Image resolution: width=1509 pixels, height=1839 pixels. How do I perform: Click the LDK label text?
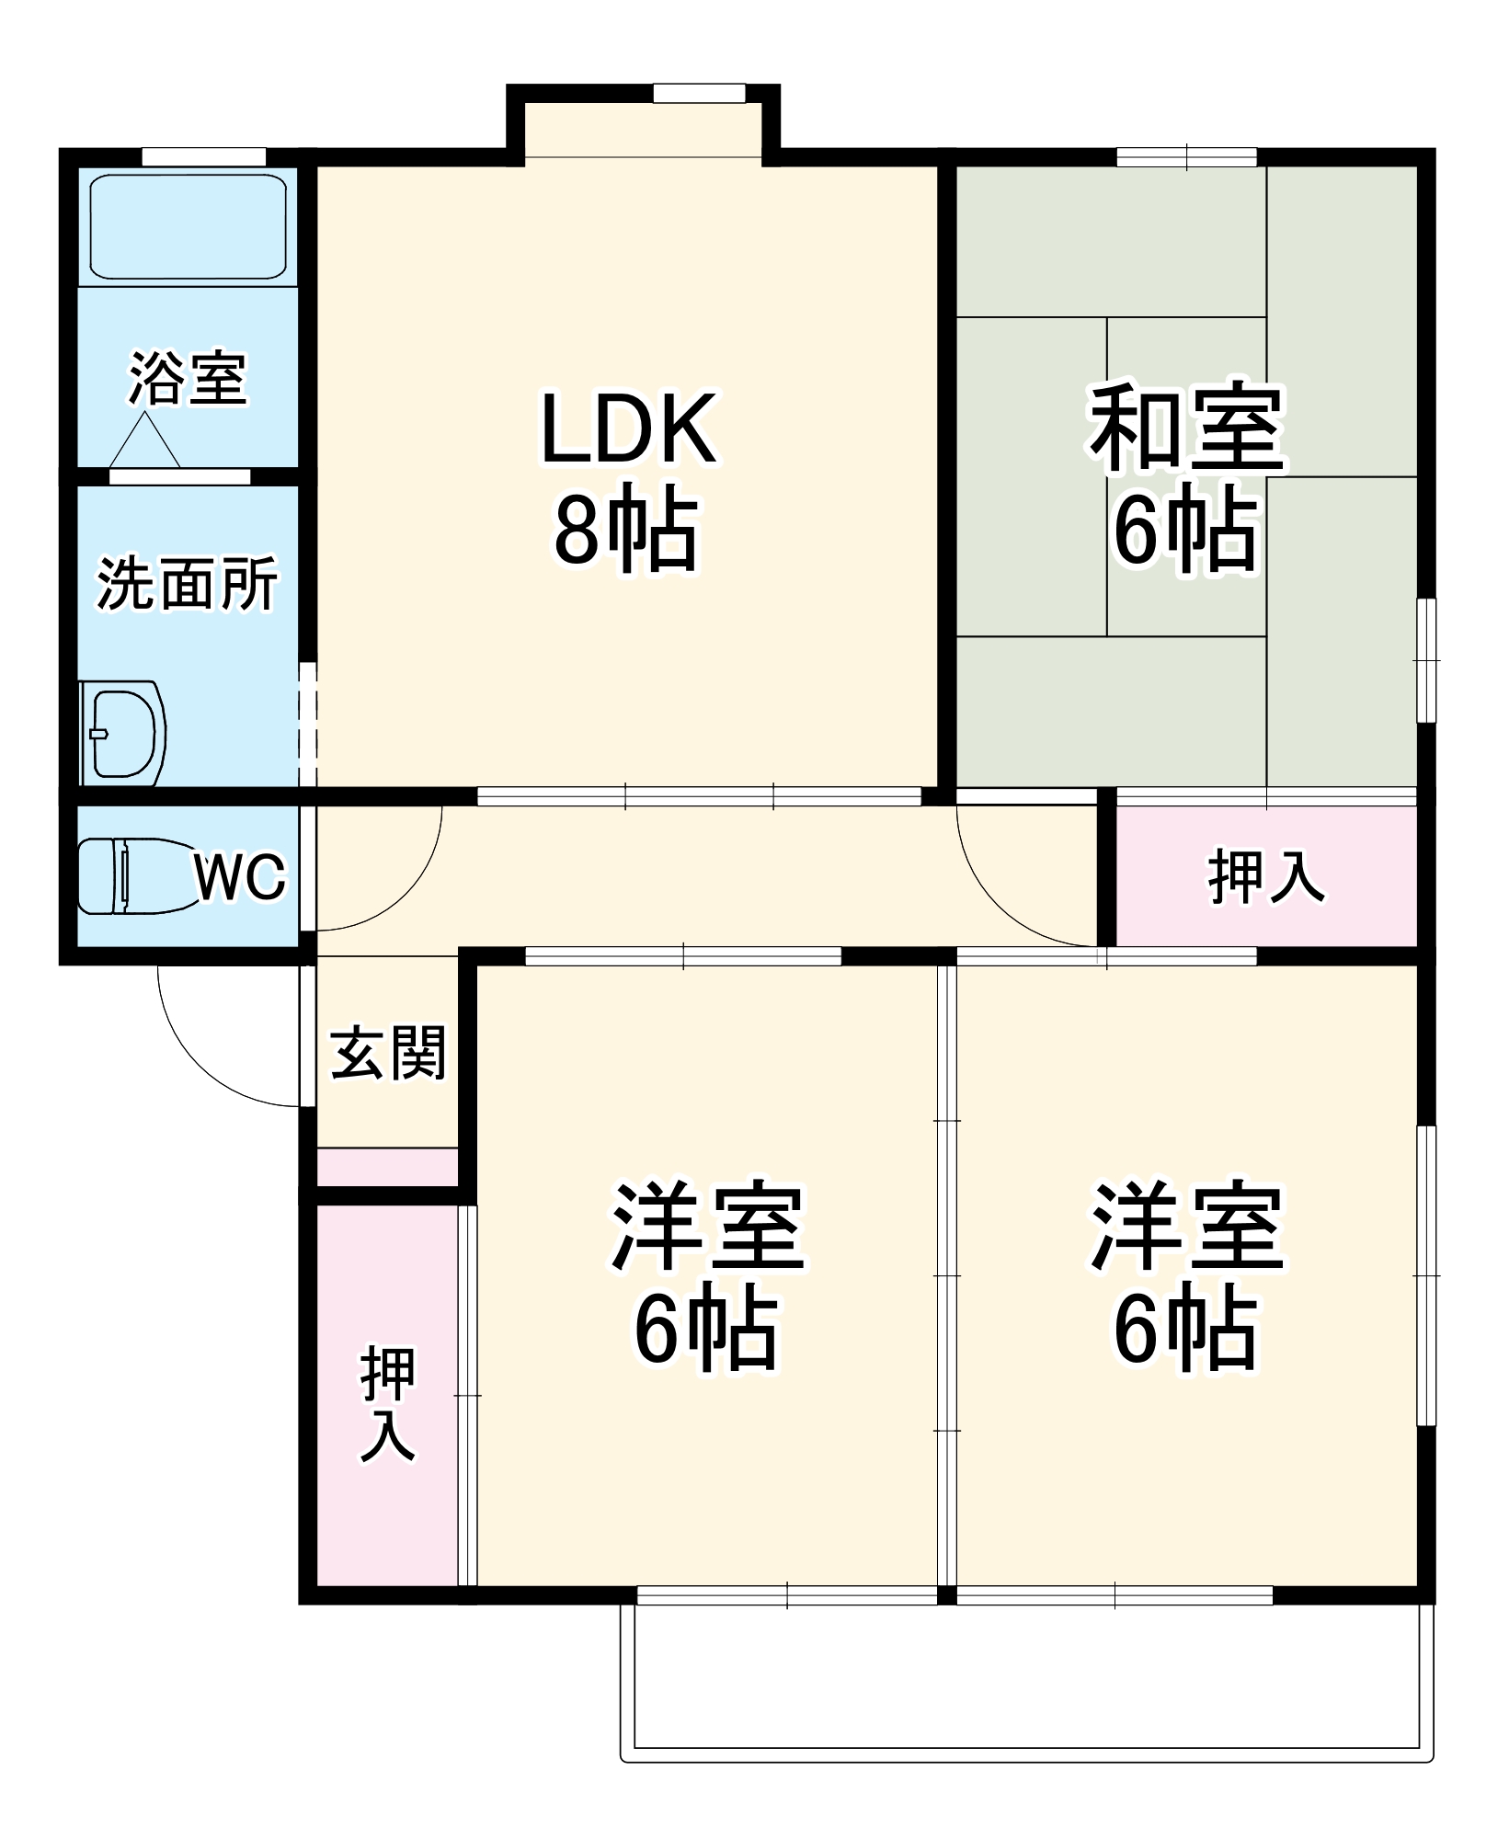point(628,429)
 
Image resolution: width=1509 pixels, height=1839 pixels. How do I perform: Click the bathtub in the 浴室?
point(188,226)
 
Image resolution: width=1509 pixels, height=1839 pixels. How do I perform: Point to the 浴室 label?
point(188,378)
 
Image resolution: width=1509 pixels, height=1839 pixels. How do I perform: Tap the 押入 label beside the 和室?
point(1266,877)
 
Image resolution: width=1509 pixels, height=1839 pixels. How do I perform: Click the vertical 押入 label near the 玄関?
point(387,1404)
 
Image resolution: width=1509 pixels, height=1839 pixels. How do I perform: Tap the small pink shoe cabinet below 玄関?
point(387,1167)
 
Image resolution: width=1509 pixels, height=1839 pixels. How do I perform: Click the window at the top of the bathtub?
point(204,157)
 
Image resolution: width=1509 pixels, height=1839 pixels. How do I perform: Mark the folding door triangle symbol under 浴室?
point(144,443)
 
